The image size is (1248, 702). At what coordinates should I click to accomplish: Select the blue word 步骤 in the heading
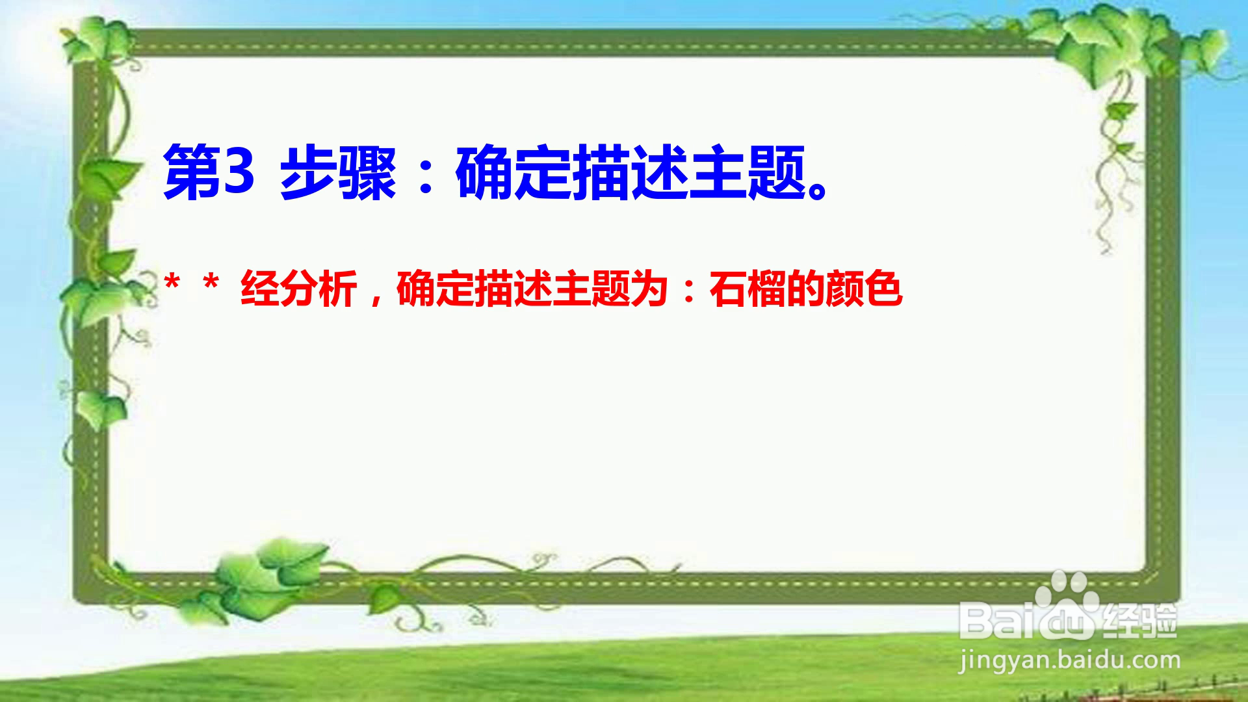pyautogui.click(x=338, y=173)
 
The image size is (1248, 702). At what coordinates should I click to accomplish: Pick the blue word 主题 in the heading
pyautogui.click(x=747, y=173)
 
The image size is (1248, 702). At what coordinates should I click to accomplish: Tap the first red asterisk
pyautogui.click(x=172, y=283)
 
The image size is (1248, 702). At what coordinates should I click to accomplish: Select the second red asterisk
pyautogui.click(x=210, y=283)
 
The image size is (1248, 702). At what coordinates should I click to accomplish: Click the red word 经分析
pyautogui.click(x=299, y=289)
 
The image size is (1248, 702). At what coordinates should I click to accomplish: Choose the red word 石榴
pyautogui.click(x=747, y=289)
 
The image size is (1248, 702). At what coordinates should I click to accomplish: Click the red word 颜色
pyautogui.click(x=864, y=289)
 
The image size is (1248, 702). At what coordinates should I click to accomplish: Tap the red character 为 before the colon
pyautogui.click(x=650, y=289)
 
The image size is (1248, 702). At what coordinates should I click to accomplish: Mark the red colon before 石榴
pyautogui.click(x=689, y=291)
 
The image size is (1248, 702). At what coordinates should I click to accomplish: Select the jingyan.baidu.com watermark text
pyautogui.click(x=1069, y=660)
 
